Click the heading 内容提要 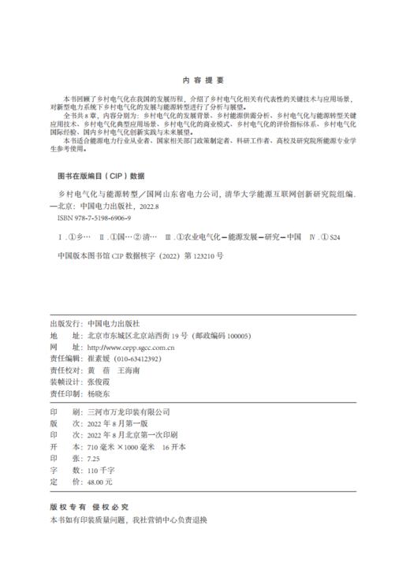pyautogui.click(x=203, y=80)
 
